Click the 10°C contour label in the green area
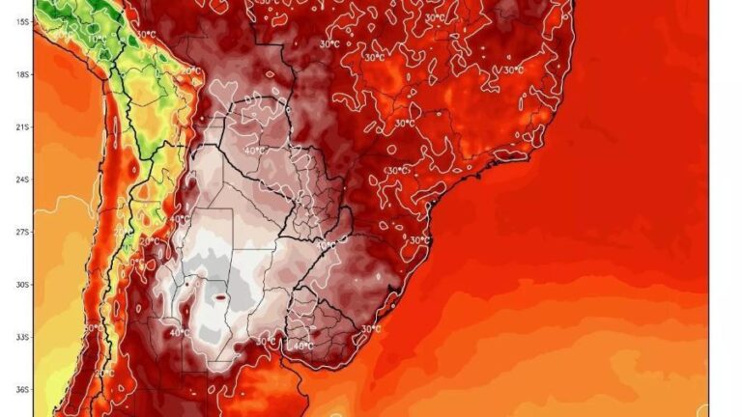[97, 40]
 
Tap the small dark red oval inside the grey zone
[220, 298]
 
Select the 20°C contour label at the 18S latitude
[191, 71]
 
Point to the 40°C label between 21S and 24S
[255, 151]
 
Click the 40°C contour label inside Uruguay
[302, 346]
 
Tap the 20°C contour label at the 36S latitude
[104, 374]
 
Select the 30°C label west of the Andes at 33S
[90, 328]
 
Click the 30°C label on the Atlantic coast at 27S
[418, 240]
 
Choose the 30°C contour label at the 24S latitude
[396, 171]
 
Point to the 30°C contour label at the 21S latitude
[405, 124]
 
